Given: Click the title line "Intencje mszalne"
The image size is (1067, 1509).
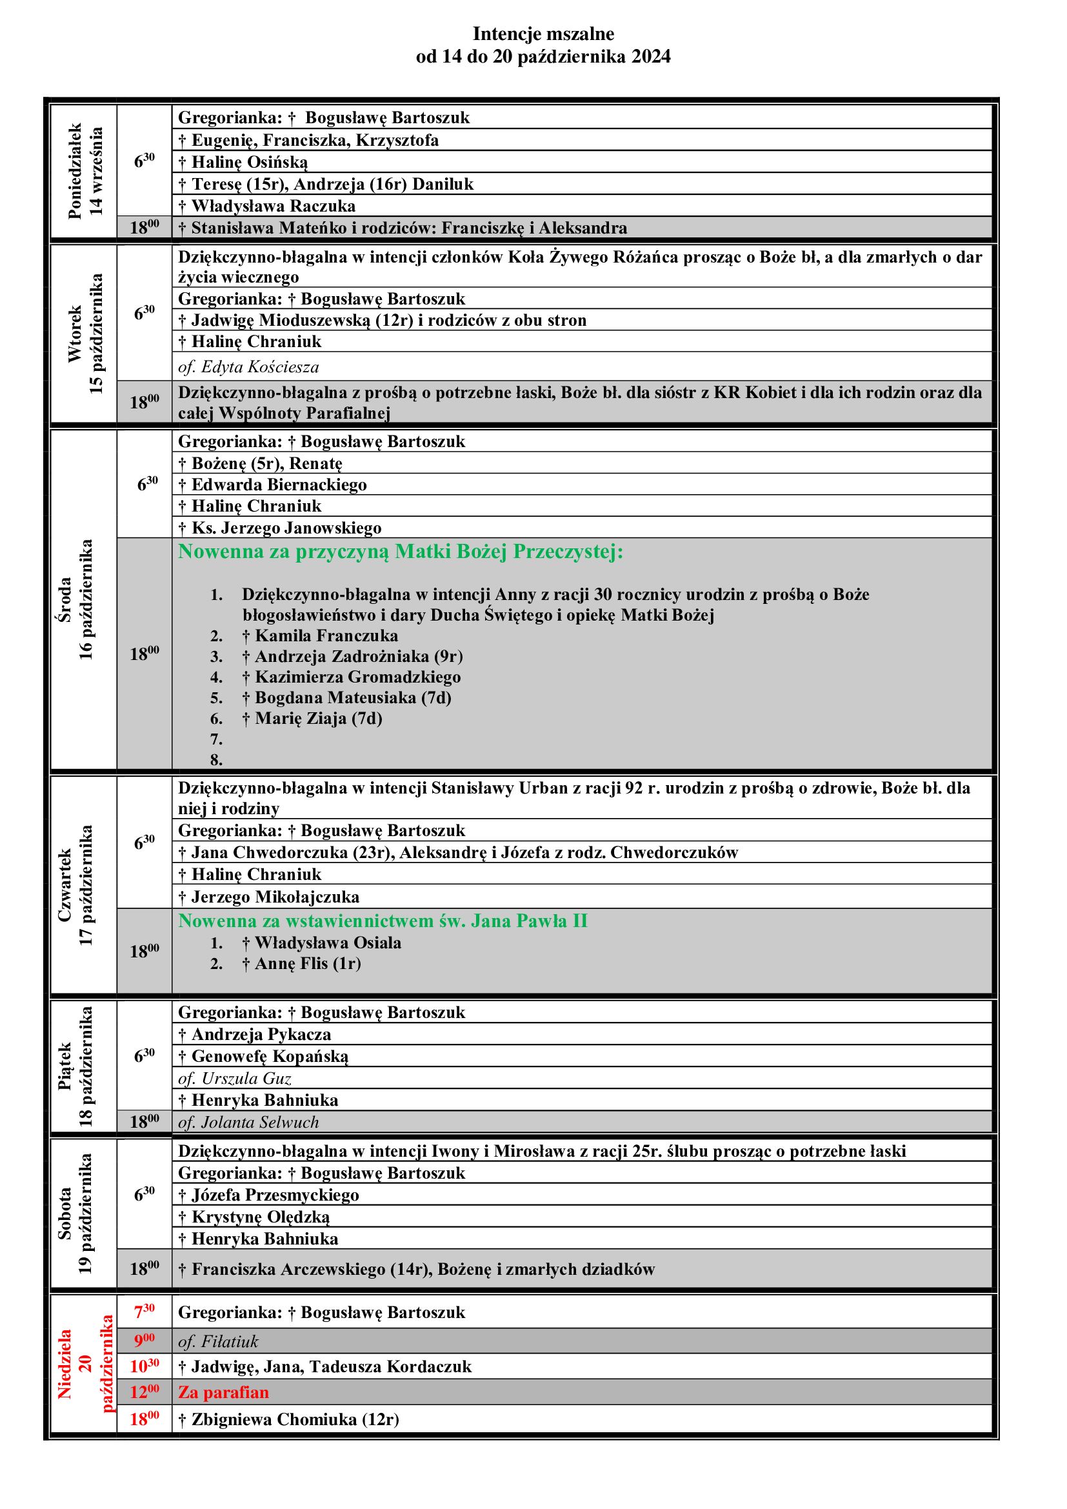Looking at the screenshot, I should (x=543, y=34).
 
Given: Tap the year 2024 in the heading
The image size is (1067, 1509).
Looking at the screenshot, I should (x=650, y=57).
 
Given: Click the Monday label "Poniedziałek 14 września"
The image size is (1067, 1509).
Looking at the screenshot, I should (x=85, y=171).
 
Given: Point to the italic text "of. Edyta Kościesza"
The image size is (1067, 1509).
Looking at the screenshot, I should (x=248, y=366).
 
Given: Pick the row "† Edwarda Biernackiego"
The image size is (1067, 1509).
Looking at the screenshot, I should (x=272, y=485).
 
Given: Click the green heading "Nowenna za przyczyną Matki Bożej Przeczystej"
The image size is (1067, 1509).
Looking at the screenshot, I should (x=400, y=552).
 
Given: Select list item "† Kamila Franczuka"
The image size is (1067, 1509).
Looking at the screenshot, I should (x=319, y=635).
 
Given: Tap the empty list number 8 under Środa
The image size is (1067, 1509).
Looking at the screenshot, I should (x=217, y=760).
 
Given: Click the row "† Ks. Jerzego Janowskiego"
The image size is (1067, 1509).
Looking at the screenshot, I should (x=279, y=528).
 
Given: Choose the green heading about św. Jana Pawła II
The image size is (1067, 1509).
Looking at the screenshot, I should (x=383, y=921).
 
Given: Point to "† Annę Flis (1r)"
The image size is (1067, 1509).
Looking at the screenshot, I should (x=301, y=963).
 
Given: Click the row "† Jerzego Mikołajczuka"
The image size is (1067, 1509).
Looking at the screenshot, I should (x=268, y=897).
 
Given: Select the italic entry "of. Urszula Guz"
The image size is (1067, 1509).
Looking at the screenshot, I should (x=235, y=1079).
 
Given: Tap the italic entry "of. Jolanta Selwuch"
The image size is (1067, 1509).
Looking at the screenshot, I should (x=248, y=1122).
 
